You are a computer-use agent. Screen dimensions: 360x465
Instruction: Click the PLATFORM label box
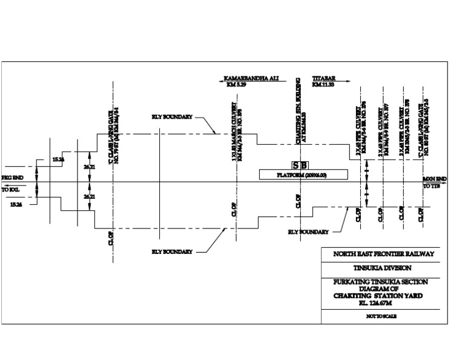(x=303, y=175)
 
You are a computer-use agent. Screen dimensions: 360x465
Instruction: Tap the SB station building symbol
(x=300, y=165)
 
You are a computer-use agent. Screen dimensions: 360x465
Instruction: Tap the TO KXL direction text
(x=12, y=189)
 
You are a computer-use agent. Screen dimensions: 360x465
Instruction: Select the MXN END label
(x=435, y=179)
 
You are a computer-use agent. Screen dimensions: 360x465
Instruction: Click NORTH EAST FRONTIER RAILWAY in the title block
(x=380, y=255)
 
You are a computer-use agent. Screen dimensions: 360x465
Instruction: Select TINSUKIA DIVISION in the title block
(x=380, y=268)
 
